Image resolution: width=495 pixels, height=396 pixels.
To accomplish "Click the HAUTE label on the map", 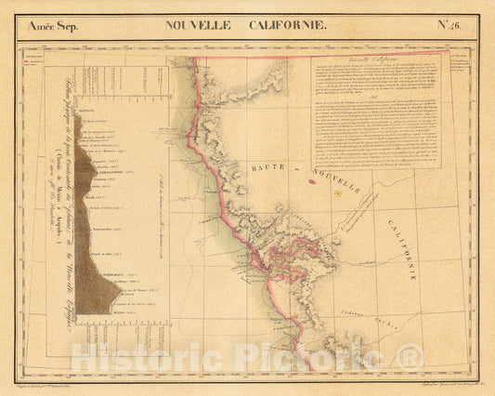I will click(x=269, y=165).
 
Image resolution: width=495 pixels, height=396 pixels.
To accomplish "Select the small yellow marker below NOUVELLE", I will click(x=337, y=193).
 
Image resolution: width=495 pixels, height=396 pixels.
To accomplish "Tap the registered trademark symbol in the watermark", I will click(x=410, y=355).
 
